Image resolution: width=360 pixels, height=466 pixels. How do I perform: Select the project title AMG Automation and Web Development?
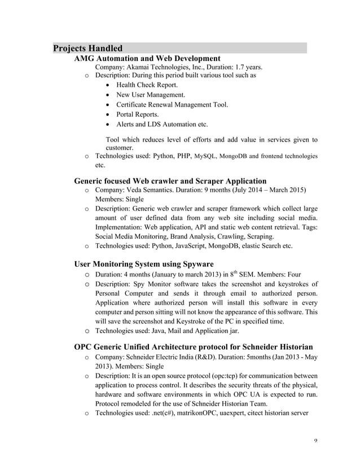click(147, 58)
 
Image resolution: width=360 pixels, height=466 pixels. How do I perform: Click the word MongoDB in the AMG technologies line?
click(234, 156)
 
